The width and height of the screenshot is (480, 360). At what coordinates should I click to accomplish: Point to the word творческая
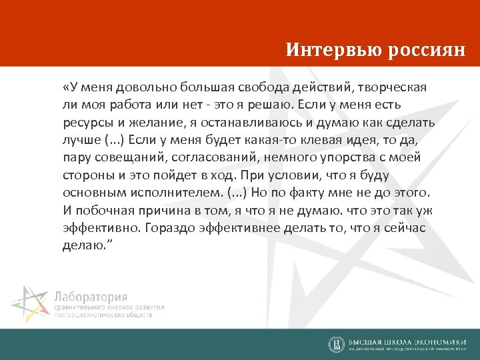[x=393, y=88]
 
